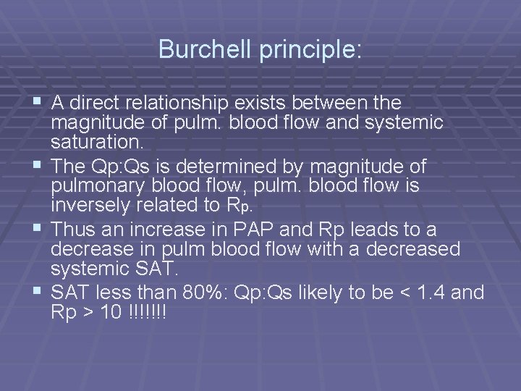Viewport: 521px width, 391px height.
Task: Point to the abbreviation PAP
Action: coord(255,230)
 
